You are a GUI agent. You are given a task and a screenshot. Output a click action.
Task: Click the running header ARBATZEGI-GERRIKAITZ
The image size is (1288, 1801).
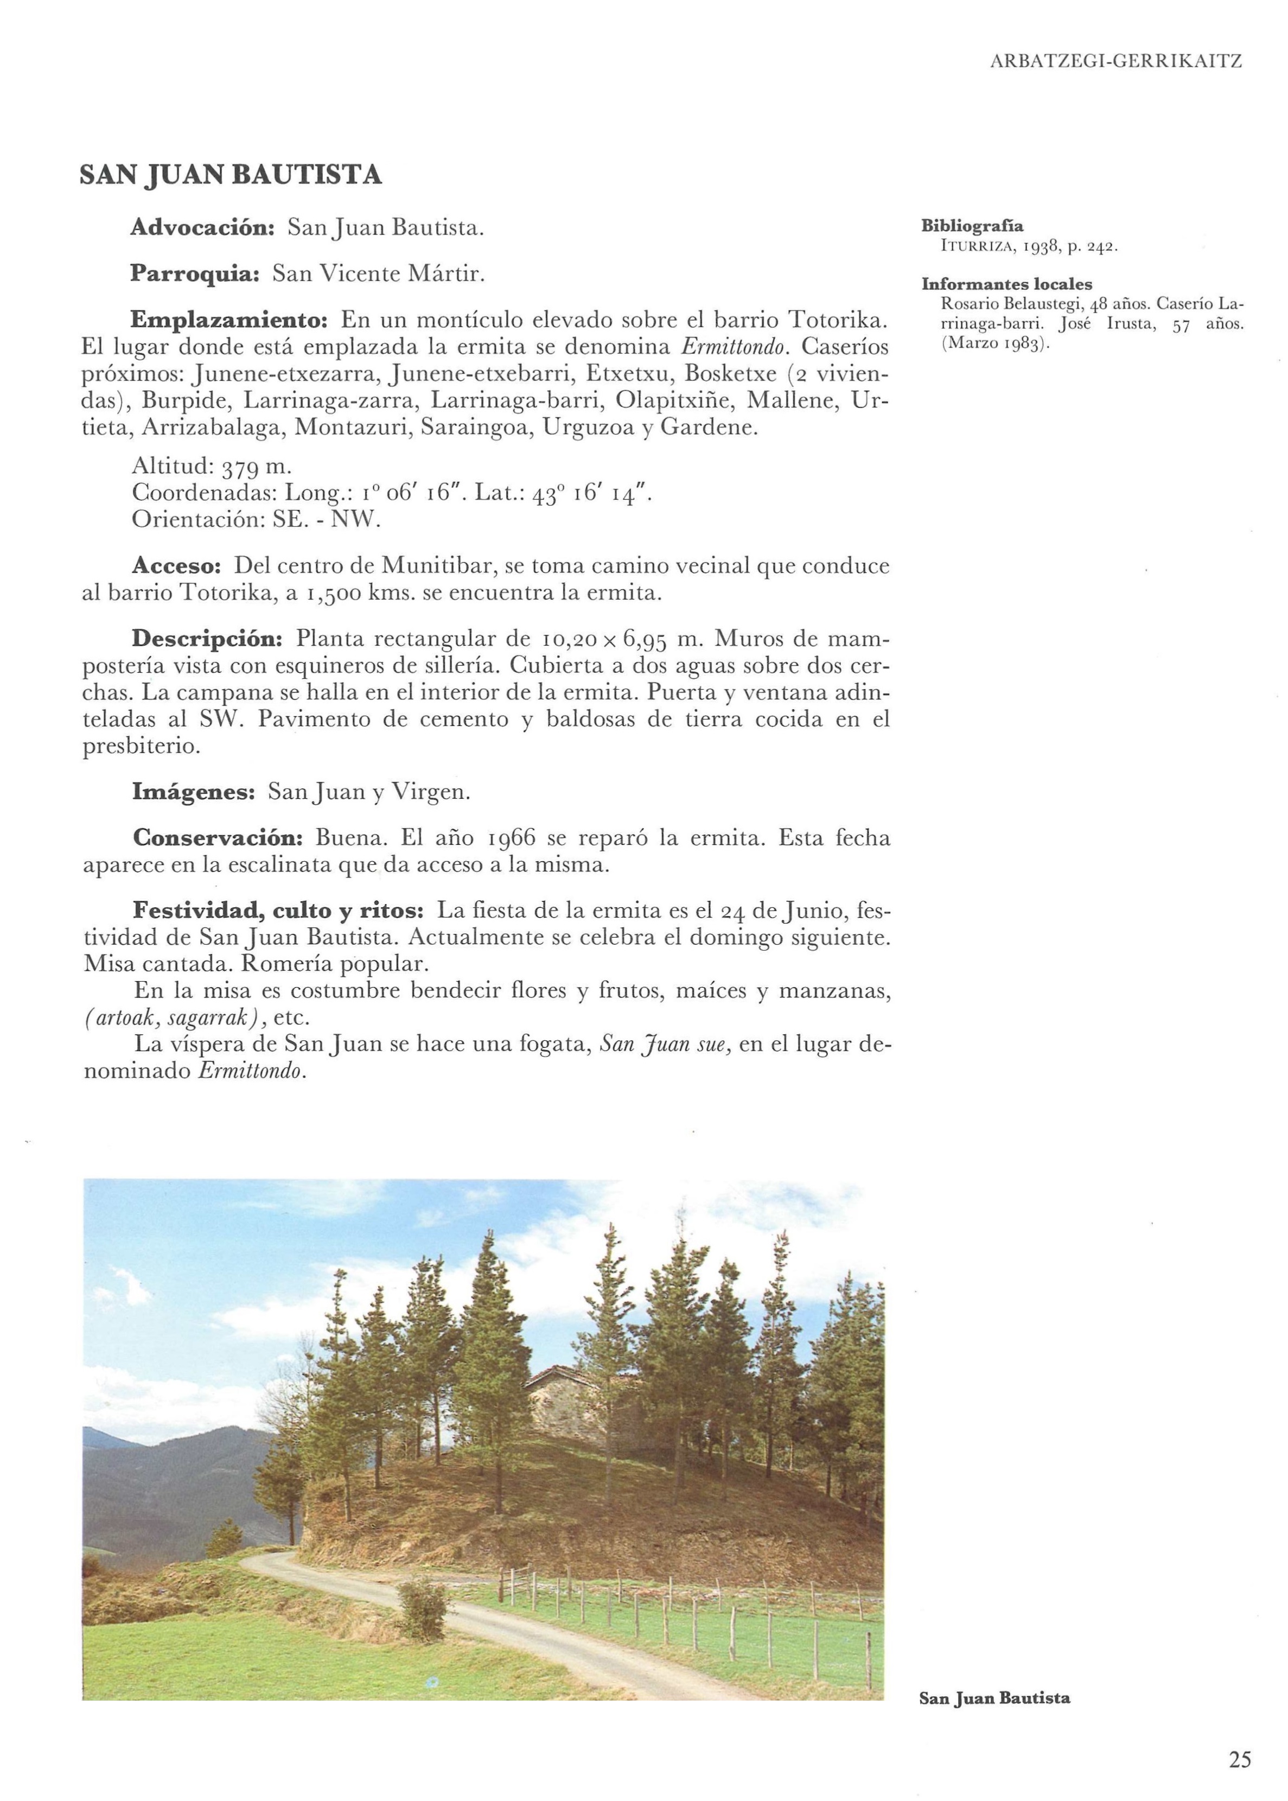pos(1116,61)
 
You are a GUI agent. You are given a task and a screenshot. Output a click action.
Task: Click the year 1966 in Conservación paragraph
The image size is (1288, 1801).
pos(512,838)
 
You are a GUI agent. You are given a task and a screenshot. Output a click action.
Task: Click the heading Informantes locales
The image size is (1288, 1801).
pos(1006,284)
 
